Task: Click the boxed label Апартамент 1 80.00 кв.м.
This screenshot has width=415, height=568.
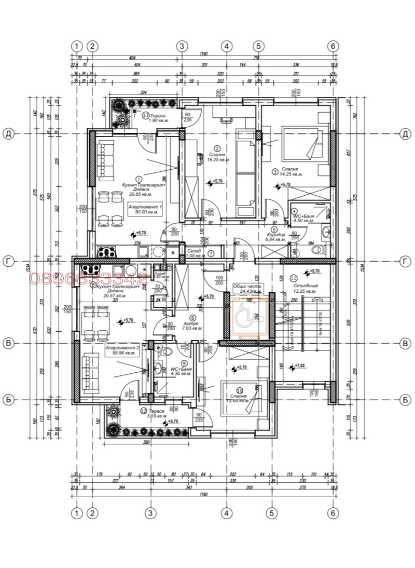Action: pos(146,209)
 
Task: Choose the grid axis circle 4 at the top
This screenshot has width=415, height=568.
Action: pos(226,46)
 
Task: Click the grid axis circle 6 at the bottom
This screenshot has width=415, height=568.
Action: pos(334,512)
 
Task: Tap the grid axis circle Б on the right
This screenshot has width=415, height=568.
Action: pos(405,400)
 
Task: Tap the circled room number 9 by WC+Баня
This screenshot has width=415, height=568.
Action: pos(183,363)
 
